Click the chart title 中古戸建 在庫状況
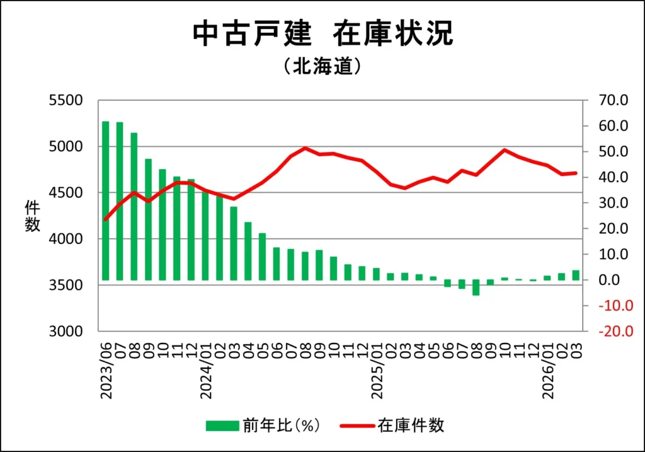pyautogui.click(x=322, y=34)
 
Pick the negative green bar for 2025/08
pyautogui.click(x=476, y=287)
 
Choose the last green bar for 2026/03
pyautogui.click(x=576, y=275)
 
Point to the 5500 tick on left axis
pyautogui.click(x=66, y=100)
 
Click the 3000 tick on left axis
pyautogui.click(x=66, y=332)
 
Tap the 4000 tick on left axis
pyautogui.click(x=66, y=239)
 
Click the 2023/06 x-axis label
pyautogui.click(x=106, y=369)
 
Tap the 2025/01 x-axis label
pyautogui.click(x=377, y=369)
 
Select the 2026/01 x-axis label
pyautogui.click(x=547, y=369)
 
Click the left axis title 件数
pyautogui.click(x=31, y=216)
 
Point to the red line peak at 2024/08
pyautogui.click(x=305, y=148)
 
